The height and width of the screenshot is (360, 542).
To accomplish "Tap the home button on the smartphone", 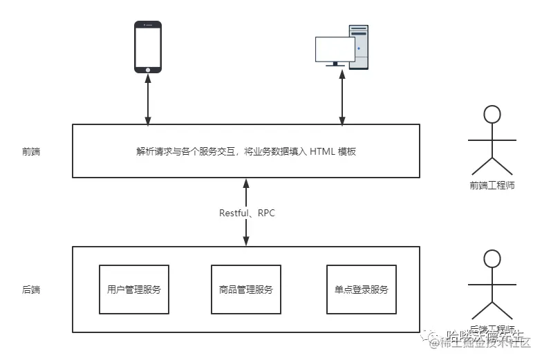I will (x=147, y=68).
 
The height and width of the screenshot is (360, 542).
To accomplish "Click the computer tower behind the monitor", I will (x=359, y=46).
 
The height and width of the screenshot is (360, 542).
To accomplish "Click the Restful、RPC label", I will (x=247, y=213).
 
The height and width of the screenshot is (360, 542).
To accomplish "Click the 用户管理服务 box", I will (x=134, y=290).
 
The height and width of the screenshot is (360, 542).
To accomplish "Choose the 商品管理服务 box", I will (x=245, y=290).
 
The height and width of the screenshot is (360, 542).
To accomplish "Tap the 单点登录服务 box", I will (x=362, y=290).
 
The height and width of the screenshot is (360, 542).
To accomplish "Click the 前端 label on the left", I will (x=31, y=151).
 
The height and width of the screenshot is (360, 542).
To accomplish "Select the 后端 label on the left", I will (x=31, y=290).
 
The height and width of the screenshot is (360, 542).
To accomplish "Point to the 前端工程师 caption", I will (x=492, y=184).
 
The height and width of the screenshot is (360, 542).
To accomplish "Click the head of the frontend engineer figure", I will (x=492, y=114).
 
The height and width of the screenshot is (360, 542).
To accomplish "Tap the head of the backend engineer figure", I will (x=492, y=259).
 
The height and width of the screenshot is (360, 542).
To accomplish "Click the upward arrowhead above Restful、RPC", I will (x=246, y=182).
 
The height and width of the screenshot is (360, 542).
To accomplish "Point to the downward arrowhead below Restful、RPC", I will (x=246, y=242).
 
